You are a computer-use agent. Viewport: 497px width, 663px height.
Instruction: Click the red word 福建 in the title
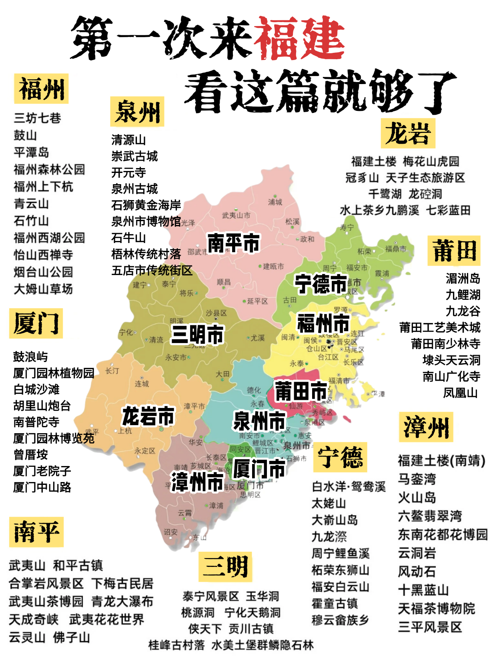(x=299, y=38)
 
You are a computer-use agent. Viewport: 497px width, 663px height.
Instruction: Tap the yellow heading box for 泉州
(x=137, y=112)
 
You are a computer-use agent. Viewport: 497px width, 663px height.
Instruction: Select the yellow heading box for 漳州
(x=426, y=427)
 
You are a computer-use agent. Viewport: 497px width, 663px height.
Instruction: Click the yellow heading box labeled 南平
(x=36, y=532)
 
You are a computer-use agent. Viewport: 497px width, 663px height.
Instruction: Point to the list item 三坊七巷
(x=37, y=118)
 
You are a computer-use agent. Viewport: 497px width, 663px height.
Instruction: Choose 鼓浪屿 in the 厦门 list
(x=30, y=356)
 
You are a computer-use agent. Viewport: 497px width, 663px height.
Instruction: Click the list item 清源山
(x=128, y=140)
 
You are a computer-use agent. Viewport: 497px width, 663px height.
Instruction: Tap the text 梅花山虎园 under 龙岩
(x=431, y=161)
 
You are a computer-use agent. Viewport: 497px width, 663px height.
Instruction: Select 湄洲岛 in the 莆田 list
(x=463, y=278)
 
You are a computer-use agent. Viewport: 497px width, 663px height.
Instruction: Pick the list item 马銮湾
(x=417, y=479)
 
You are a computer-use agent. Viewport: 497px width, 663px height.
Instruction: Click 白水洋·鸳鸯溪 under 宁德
(x=349, y=487)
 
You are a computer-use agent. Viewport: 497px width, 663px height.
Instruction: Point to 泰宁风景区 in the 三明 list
(x=210, y=596)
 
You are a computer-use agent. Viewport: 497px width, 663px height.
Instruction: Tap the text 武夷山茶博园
(x=46, y=601)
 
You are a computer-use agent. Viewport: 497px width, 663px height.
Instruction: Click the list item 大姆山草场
(x=43, y=289)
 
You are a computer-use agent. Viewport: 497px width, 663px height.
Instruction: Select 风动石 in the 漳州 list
(x=417, y=571)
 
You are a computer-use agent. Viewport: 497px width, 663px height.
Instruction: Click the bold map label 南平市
(x=234, y=243)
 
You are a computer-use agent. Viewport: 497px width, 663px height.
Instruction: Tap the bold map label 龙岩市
(x=148, y=416)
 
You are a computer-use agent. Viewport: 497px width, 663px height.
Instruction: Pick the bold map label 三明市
(x=197, y=334)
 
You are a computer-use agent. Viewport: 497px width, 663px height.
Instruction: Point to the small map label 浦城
(x=275, y=202)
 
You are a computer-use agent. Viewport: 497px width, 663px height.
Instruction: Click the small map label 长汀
(x=112, y=371)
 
